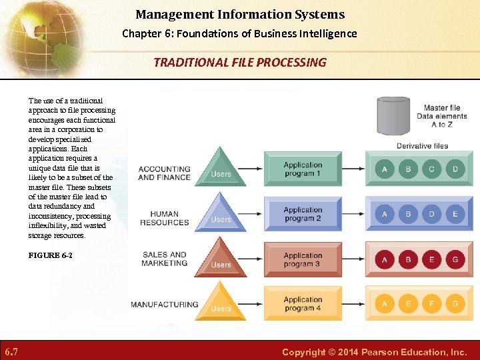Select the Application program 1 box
click(x=303, y=169)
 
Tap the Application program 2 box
click(x=303, y=214)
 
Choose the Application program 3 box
click(x=303, y=259)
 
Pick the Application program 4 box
click(x=303, y=304)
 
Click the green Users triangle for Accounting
click(x=221, y=167)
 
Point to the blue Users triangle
click(x=221, y=213)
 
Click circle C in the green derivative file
click(x=431, y=169)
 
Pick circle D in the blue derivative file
click(x=431, y=214)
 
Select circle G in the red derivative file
click(x=455, y=259)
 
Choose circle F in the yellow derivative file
click(x=431, y=304)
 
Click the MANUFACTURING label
click(x=164, y=305)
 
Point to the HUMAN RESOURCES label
click(x=165, y=218)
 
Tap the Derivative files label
click(x=422, y=146)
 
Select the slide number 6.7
click(x=11, y=351)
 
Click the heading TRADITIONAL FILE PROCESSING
click(x=240, y=63)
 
